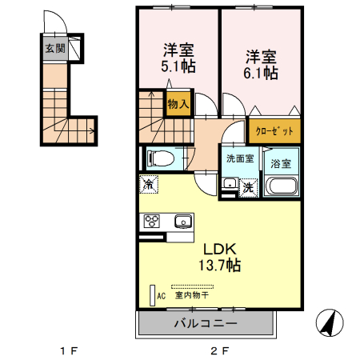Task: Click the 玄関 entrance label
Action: click(54, 49)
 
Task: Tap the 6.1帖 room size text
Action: click(261, 73)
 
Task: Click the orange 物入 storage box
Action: click(178, 103)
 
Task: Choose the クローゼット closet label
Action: click(274, 130)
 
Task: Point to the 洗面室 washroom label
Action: click(240, 158)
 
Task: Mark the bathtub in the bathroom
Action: click(281, 187)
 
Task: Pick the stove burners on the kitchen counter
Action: click(151, 222)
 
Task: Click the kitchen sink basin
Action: click(183, 222)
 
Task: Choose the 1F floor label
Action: click(69, 350)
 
